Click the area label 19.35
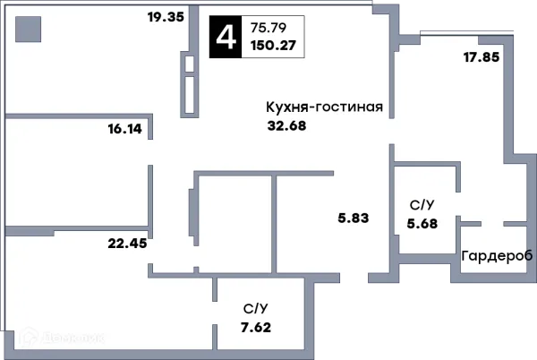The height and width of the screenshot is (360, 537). click(x=166, y=16)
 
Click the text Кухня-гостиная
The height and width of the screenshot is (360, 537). click(x=324, y=107)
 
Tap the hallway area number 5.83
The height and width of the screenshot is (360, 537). click(x=354, y=217)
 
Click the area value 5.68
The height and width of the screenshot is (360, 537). click(x=422, y=224)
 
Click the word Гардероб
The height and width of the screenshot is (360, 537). click(x=497, y=256)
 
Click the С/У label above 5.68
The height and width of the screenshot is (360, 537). click(x=422, y=205)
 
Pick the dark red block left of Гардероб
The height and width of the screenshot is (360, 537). click(x=448, y=274)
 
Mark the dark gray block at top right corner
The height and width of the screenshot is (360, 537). click(x=385, y=7)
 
